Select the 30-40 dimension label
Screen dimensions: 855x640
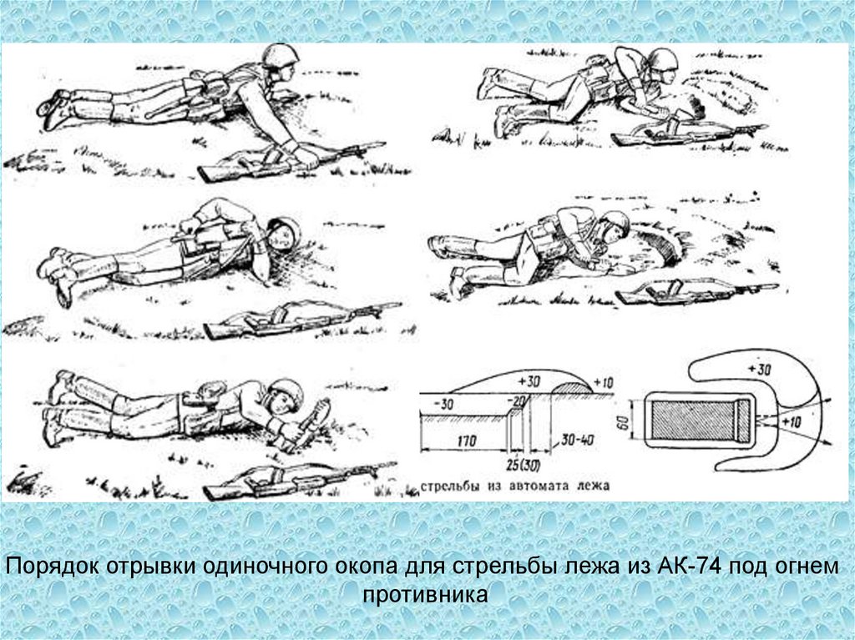pyautogui.click(x=578, y=439)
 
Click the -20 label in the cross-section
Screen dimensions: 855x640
pyautogui.click(x=515, y=401)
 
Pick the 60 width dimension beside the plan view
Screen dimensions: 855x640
pyautogui.click(x=621, y=419)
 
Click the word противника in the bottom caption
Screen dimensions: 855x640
pyautogui.click(x=425, y=594)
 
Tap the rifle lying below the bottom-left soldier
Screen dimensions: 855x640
pyautogui.click(x=299, y=481)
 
